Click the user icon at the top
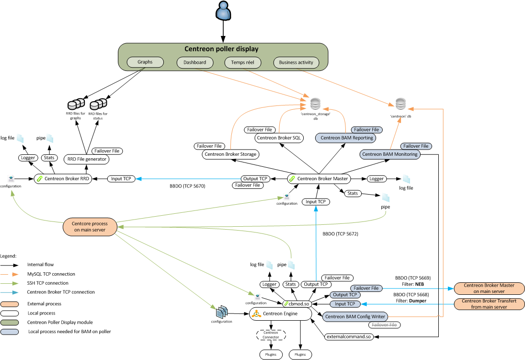tap(223, 12)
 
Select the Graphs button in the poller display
tap(145, 62)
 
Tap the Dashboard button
tap(195, 62)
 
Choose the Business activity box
tap(296, 62)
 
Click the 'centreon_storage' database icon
tap(315, 103)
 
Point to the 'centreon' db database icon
tap(400, 103)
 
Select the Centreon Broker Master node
tap(318, 179)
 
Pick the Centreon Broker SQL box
tap(279, 138)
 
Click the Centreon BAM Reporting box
tap(345, 138)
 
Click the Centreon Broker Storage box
tap(230, 154)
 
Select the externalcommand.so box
tap(349, 337)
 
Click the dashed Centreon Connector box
tap(271, 335)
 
